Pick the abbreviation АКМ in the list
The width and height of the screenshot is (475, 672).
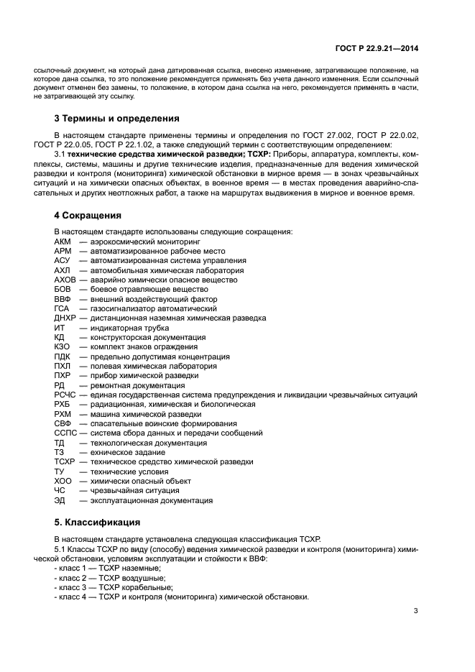coord(63,241)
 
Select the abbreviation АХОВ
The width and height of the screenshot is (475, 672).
coord(65,280)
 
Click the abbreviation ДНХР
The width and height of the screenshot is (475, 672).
coord(65,318)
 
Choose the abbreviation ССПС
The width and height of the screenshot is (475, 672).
coord(65,433)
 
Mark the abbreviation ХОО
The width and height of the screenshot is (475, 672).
coord(63,481)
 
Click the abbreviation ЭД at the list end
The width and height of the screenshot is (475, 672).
coord(60,500)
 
